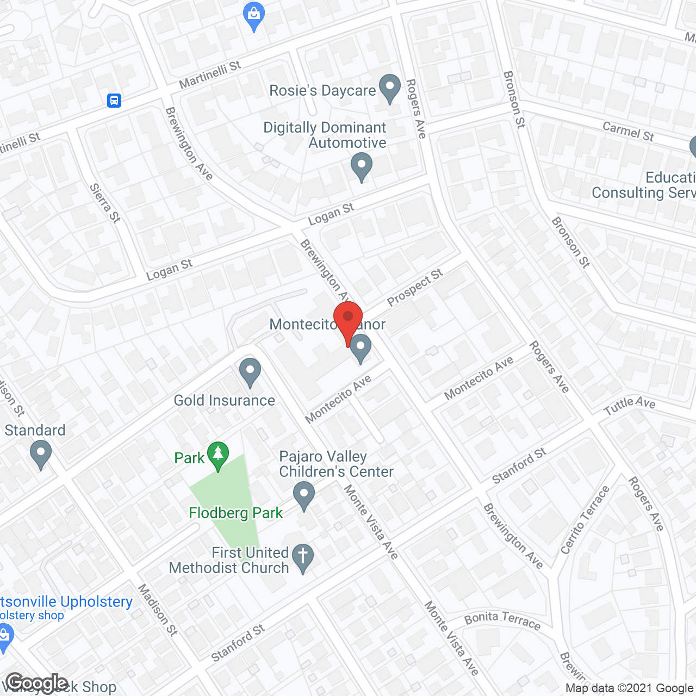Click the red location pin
tap(348, 321)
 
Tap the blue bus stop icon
tap(114, 100)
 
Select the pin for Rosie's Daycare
tap(389, 88)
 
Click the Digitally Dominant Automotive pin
tap(361, 166)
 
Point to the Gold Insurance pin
tap(250, 371)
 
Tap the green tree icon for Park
tap(218, 455)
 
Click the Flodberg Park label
tap(235, 513)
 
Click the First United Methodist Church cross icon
tap(303, 557)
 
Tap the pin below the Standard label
tap(41, 453)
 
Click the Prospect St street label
tap(415, 287)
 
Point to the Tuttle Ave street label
tap(629, 405)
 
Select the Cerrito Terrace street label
tap(585, 520)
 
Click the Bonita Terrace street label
tap(502, 620)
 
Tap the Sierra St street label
tap(105, 203)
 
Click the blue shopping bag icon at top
tap(254, 16)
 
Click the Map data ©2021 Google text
tap(630, 688)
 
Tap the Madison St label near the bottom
tap(158, 610)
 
